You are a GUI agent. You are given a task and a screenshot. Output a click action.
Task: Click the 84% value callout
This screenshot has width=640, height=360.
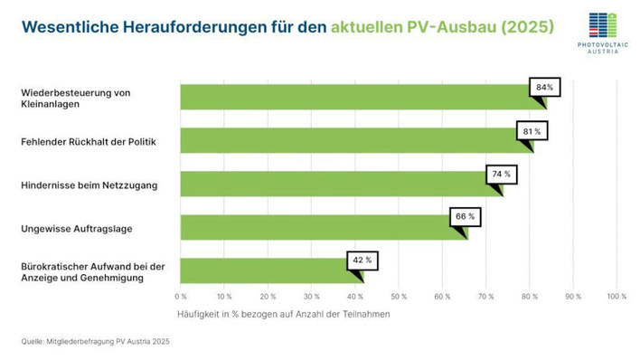tap(544, 88)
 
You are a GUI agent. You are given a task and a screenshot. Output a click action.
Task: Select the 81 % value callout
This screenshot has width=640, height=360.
tap(532, 131)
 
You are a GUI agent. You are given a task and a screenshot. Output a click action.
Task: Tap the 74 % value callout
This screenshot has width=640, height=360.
tap(501, 174)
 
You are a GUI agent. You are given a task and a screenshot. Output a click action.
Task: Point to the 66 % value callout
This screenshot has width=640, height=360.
tap(466, 217)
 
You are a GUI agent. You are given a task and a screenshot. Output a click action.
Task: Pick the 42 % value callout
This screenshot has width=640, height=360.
tap(362, 261)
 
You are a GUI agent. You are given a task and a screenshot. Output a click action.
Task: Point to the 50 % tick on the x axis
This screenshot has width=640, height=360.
tap(399, 296)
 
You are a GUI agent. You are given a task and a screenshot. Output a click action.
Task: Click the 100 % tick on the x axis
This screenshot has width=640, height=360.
tap(616, 296)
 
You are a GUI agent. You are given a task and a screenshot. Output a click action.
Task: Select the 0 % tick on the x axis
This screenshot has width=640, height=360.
tap(181, 296)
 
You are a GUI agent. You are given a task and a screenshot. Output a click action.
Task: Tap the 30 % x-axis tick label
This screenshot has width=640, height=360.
tap(311, 296)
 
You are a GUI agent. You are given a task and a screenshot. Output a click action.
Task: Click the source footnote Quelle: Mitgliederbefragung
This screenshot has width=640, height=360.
tap(95, 342)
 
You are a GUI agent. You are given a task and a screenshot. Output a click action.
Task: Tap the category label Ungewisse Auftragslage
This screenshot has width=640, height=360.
tap(76, 228)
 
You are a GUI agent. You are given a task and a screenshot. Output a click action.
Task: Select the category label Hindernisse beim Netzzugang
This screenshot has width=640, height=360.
tap(89, 185)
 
